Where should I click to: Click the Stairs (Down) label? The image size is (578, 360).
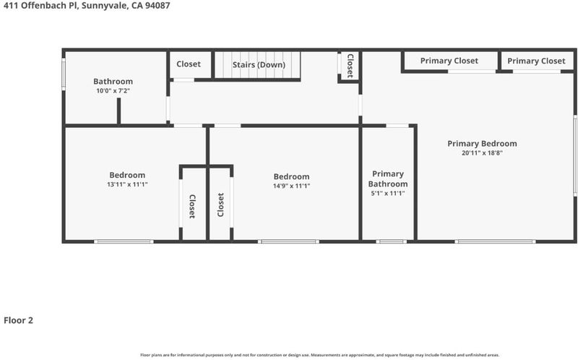[259, 65]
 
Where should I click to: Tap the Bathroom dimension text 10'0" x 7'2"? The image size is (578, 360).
[113, 91]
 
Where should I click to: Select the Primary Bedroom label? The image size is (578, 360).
[482, 143]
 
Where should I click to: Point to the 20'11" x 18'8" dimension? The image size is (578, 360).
[482, 153]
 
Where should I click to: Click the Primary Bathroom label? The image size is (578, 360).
[388, 179]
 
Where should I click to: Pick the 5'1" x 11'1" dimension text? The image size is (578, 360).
[388, 193]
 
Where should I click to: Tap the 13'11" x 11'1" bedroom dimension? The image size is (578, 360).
[127, 184]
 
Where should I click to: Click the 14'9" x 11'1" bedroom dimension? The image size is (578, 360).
[292, 186]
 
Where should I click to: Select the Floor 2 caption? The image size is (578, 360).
[19, 320]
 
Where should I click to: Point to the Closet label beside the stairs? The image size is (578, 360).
[189, 64]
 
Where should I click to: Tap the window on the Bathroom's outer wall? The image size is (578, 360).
[64, 74]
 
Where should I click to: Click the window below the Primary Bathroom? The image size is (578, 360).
[391, 241]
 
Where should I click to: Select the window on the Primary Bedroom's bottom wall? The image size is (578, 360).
[495, 241]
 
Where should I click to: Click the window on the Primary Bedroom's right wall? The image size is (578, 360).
[575, 155]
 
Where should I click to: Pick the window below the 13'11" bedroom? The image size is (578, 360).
[124, 241]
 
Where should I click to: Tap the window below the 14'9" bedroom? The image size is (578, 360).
[288, 241]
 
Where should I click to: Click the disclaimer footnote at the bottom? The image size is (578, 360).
[320, 355]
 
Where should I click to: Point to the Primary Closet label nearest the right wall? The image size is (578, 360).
[536, 61]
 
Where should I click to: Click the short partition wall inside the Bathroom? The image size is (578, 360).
[118, 111]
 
